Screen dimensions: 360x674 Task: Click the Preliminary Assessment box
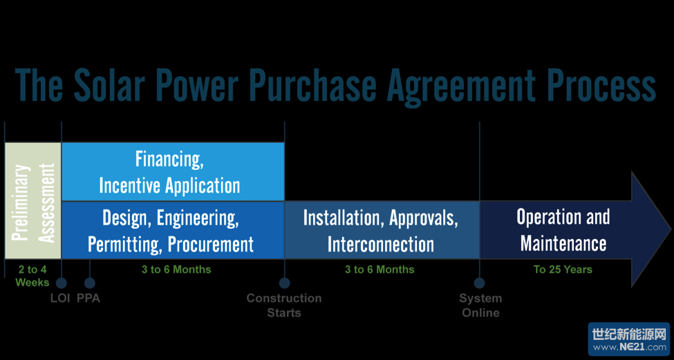point(33,200)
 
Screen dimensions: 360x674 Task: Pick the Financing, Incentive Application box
point(173,172)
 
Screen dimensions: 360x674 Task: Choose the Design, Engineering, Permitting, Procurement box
point(173,230)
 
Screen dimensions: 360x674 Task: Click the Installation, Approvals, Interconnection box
point(382,230)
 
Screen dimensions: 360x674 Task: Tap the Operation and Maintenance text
point(563,230)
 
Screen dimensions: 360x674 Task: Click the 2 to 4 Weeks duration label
point(32,276)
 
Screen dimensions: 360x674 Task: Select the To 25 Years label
point(563,269)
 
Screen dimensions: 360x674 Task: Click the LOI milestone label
point(61,299)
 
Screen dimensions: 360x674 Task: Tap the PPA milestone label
point(88,299)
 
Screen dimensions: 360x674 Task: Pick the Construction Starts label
point(284,305)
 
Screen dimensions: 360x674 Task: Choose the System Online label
point(480,305)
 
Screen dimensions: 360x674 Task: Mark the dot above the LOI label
point(62,283)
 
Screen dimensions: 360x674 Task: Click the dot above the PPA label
point(89,283)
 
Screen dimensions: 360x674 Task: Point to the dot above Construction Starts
point(284,283)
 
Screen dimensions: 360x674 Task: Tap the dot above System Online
point(480,283)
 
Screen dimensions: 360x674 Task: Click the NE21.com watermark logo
point(629,339)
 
